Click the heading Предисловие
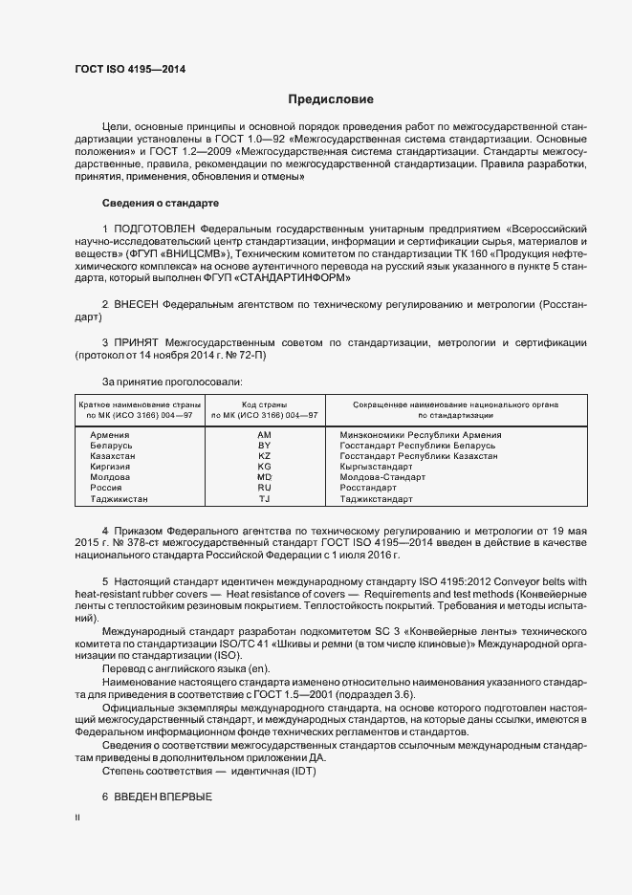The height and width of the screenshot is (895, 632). coord(332,99)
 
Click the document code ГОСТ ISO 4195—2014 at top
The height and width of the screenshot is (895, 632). coord(130,70)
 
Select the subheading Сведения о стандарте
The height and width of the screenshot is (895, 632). coord(161,204)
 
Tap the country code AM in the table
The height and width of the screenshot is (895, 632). coord(265,435)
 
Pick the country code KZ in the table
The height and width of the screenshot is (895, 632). coord(265,456)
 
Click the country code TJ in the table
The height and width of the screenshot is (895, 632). coord(265,499)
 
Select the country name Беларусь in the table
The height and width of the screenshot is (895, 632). coord(110,446)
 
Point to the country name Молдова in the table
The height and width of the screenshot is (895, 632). coord(110,477)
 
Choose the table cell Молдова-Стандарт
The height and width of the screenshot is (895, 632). coord(382,477)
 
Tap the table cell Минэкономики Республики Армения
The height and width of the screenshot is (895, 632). coord(421,435)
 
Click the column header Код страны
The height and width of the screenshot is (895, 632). coord(265,405)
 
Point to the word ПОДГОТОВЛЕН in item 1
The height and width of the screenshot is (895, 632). coord(154,230)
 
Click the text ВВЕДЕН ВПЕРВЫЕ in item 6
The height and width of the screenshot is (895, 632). coord(163,797)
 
